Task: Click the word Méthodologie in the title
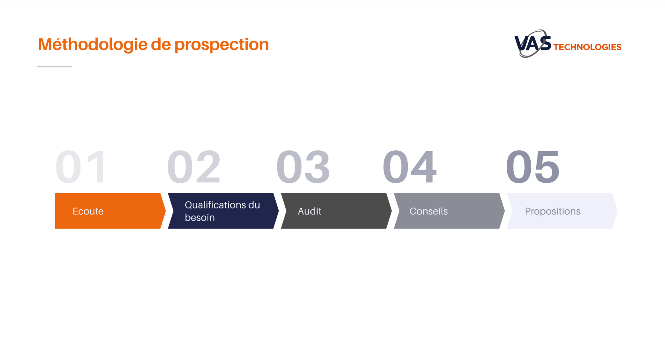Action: point(93,45)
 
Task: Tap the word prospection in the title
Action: point(221,45)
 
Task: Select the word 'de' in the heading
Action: point(161,44)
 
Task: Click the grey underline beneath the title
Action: point(55,67)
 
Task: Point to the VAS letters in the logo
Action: point(532,43)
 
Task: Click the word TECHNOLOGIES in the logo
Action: point(587,47)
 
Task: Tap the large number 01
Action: point(80,167)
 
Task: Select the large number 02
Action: point(194,167)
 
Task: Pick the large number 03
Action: point(303,167)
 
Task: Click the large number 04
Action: point(410,167)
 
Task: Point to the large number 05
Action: point(532,167)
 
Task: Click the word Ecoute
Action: point(88,211)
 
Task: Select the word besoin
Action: point(200,217)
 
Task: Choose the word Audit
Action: point(309,211)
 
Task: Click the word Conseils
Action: point(428,211)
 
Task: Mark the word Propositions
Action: point(553,211)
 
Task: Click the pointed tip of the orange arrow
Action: point(166,211)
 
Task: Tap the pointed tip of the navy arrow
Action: point(279,211)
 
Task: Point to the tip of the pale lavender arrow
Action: point(617,211)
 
